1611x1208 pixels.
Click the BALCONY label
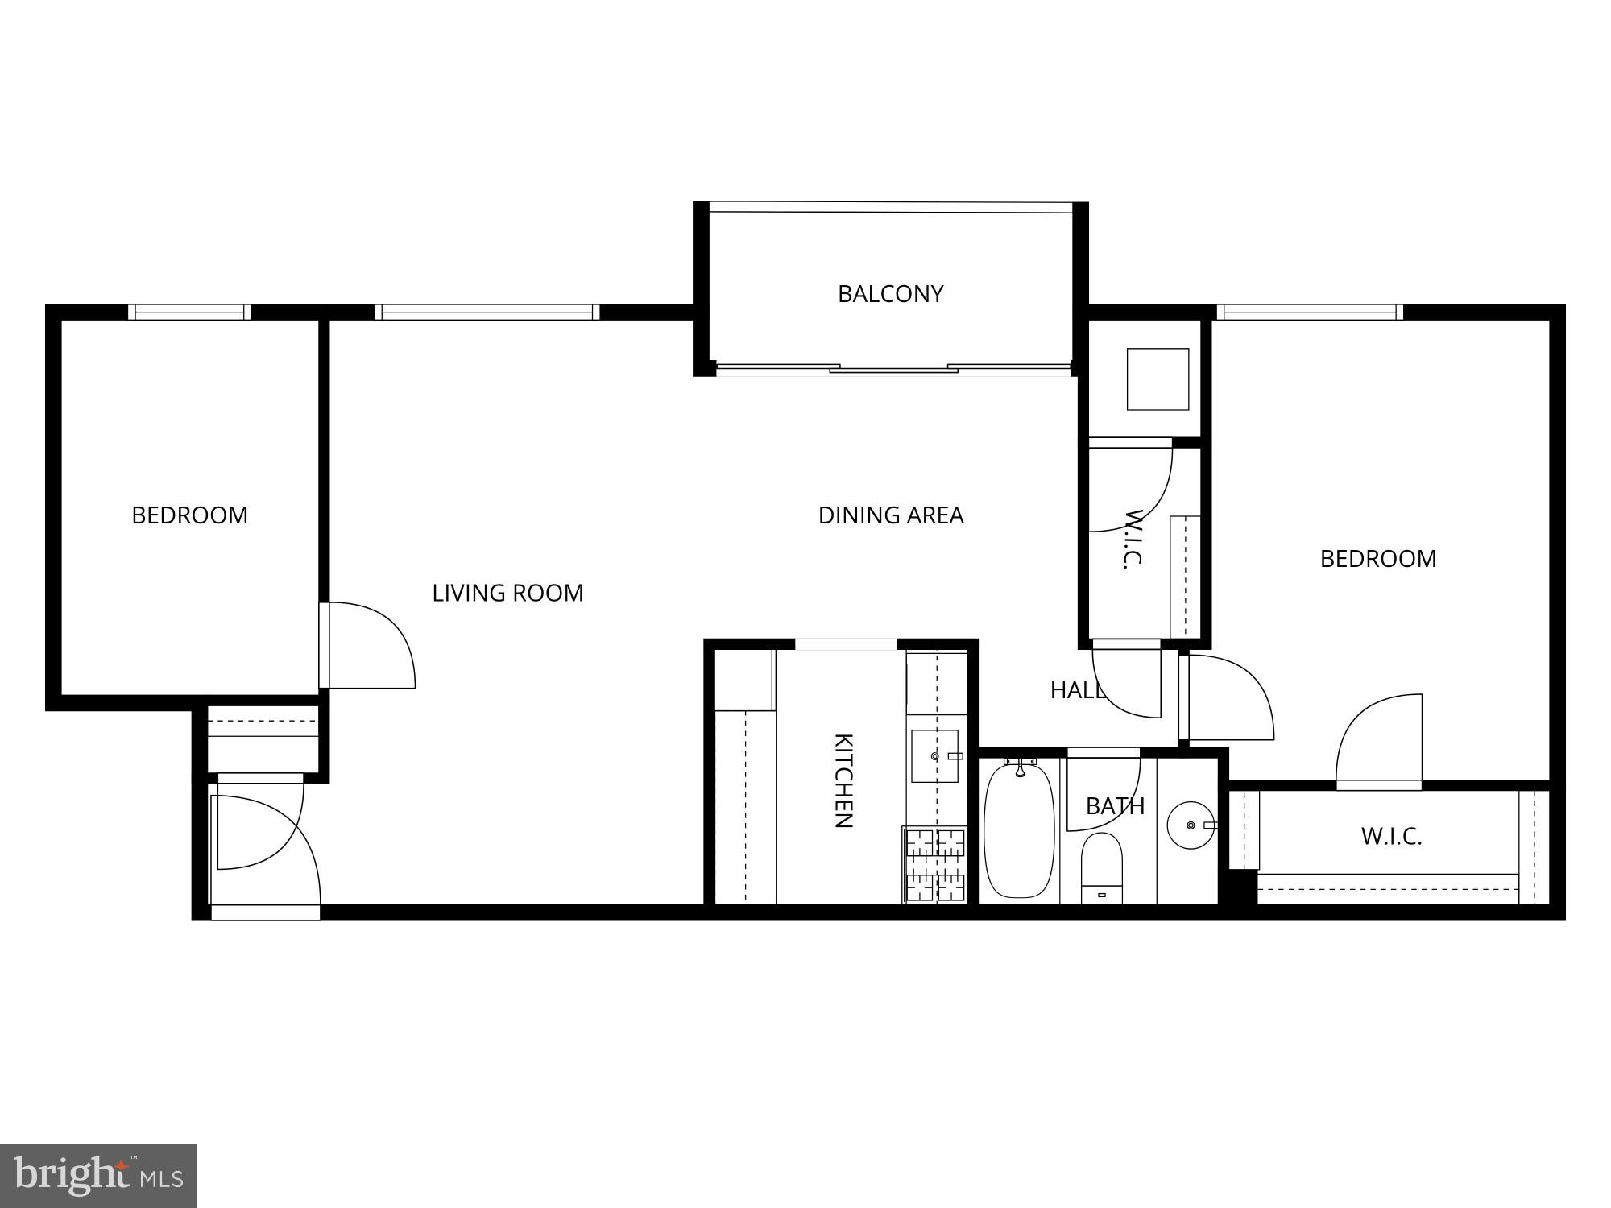[890, 294]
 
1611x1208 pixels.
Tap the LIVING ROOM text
[507, 594]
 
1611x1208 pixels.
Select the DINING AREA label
[891, 515]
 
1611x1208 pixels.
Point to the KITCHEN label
[843, 780]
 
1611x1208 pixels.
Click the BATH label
[1115, 806]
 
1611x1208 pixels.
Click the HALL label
[1076, 690]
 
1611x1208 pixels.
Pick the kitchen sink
[934, 756]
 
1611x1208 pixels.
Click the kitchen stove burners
[935, 864]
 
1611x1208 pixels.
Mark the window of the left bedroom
[189, 312]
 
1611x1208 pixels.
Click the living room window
[487, 312]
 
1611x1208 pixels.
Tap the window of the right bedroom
[1310, 312]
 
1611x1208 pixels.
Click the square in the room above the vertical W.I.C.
[1158, 379]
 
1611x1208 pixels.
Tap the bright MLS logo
[98, 1176]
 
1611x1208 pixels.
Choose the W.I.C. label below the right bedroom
[1391, 837]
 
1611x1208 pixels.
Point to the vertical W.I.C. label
[1133, 539]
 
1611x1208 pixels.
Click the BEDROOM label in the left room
[189, 515]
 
